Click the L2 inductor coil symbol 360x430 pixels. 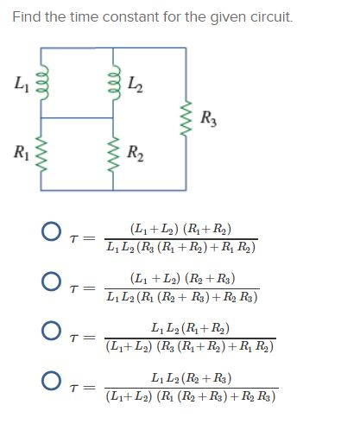(x=113, y=84)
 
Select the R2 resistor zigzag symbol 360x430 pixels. (x=113, y=155)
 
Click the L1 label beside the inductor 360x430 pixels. (x=20, y=84)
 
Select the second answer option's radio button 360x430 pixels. (x=51, y=284)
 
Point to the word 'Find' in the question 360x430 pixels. (x=26, y=17)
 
